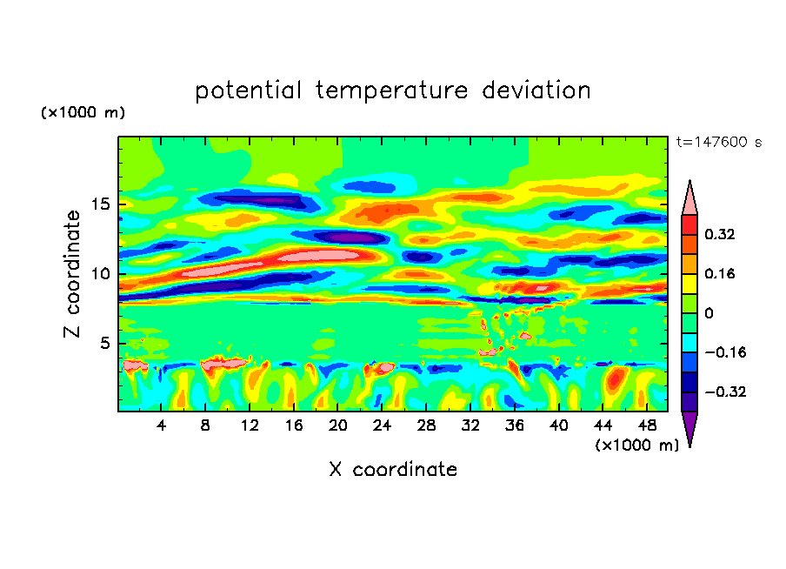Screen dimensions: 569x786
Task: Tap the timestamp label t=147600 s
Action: [x=718, y=143]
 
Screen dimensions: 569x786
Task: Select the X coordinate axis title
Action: [x=393, y=470]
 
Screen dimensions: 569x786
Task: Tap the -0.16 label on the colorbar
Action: [x=726, y=352]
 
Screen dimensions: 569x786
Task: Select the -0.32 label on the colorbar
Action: [x=726, y=392]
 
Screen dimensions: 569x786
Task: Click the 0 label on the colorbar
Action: [x=709, y=313]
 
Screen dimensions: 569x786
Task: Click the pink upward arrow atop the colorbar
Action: [x=689, y=198]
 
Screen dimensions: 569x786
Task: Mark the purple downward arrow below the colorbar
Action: [x=689, y=428]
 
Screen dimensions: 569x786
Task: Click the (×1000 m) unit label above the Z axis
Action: [x=83, y=113]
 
